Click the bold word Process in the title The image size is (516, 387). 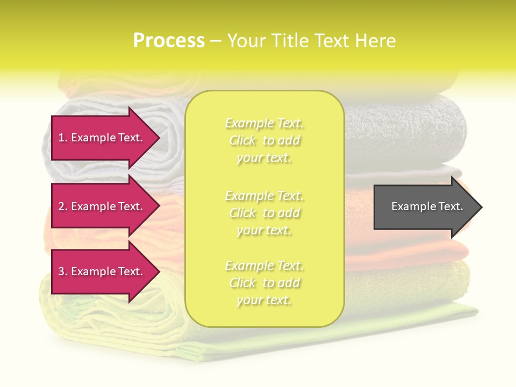click(x=169, y=41)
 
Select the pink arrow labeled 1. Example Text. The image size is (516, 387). click(x=102, y=138)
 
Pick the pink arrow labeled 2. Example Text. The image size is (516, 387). click(x=102, y=206)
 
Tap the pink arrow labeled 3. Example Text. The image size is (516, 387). click(x=102, y=271)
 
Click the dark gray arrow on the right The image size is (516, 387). click(x=425, y=207)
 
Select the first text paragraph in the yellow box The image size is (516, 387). click(x=264, y=140)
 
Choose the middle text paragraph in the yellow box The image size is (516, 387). click(x=264, y=213)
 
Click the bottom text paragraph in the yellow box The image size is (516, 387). click(x=264, y=283)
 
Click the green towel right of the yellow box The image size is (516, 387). click(x=408, y=285)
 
